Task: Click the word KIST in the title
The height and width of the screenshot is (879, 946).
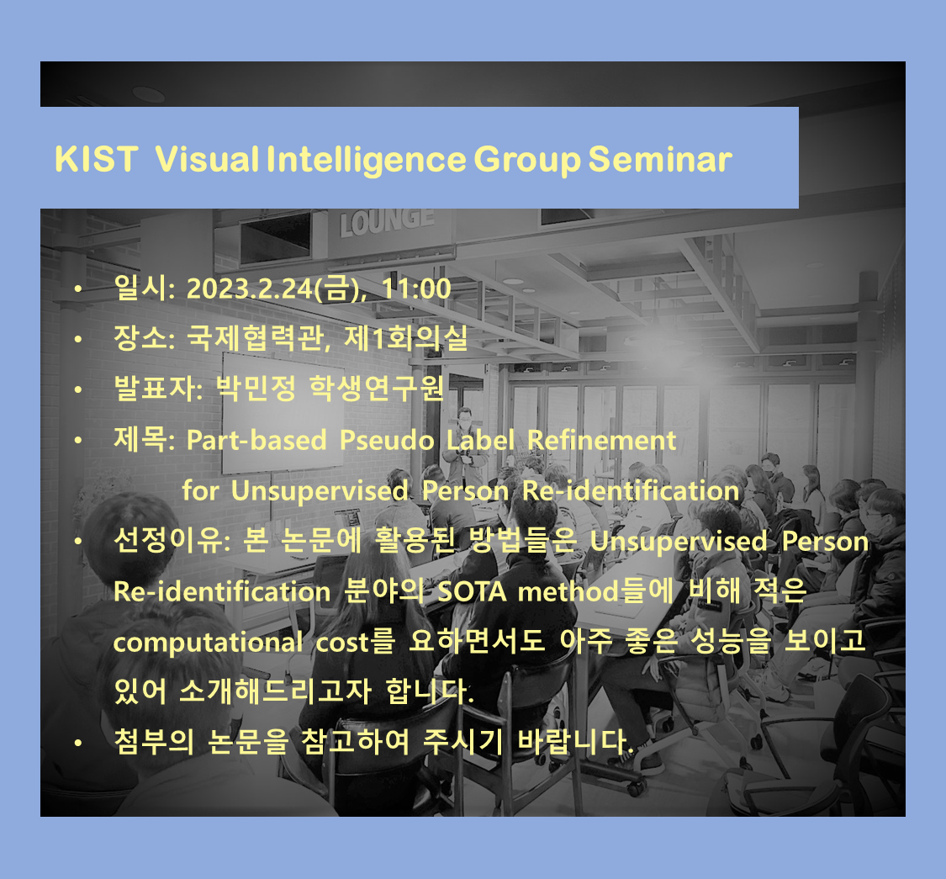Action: pyautogui.click(x=95, y=159)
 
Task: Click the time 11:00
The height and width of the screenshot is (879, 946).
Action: pyautogui.click(x=416, y=289)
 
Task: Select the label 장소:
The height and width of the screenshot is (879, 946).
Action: pyautogui.click(x=144, y=340)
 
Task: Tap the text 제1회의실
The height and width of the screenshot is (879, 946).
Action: pyautogui.click(x=428, y=340)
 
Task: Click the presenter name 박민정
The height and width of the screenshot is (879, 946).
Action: pyautogui.click(x=246, y=390)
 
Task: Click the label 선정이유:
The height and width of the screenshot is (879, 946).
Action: pyautogui.click(x=169, y=542)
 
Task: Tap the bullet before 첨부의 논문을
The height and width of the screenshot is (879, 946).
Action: pyautogui.click(x=78, y=744)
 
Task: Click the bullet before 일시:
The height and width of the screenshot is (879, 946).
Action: pyautogui.click(x=78, y=290)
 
